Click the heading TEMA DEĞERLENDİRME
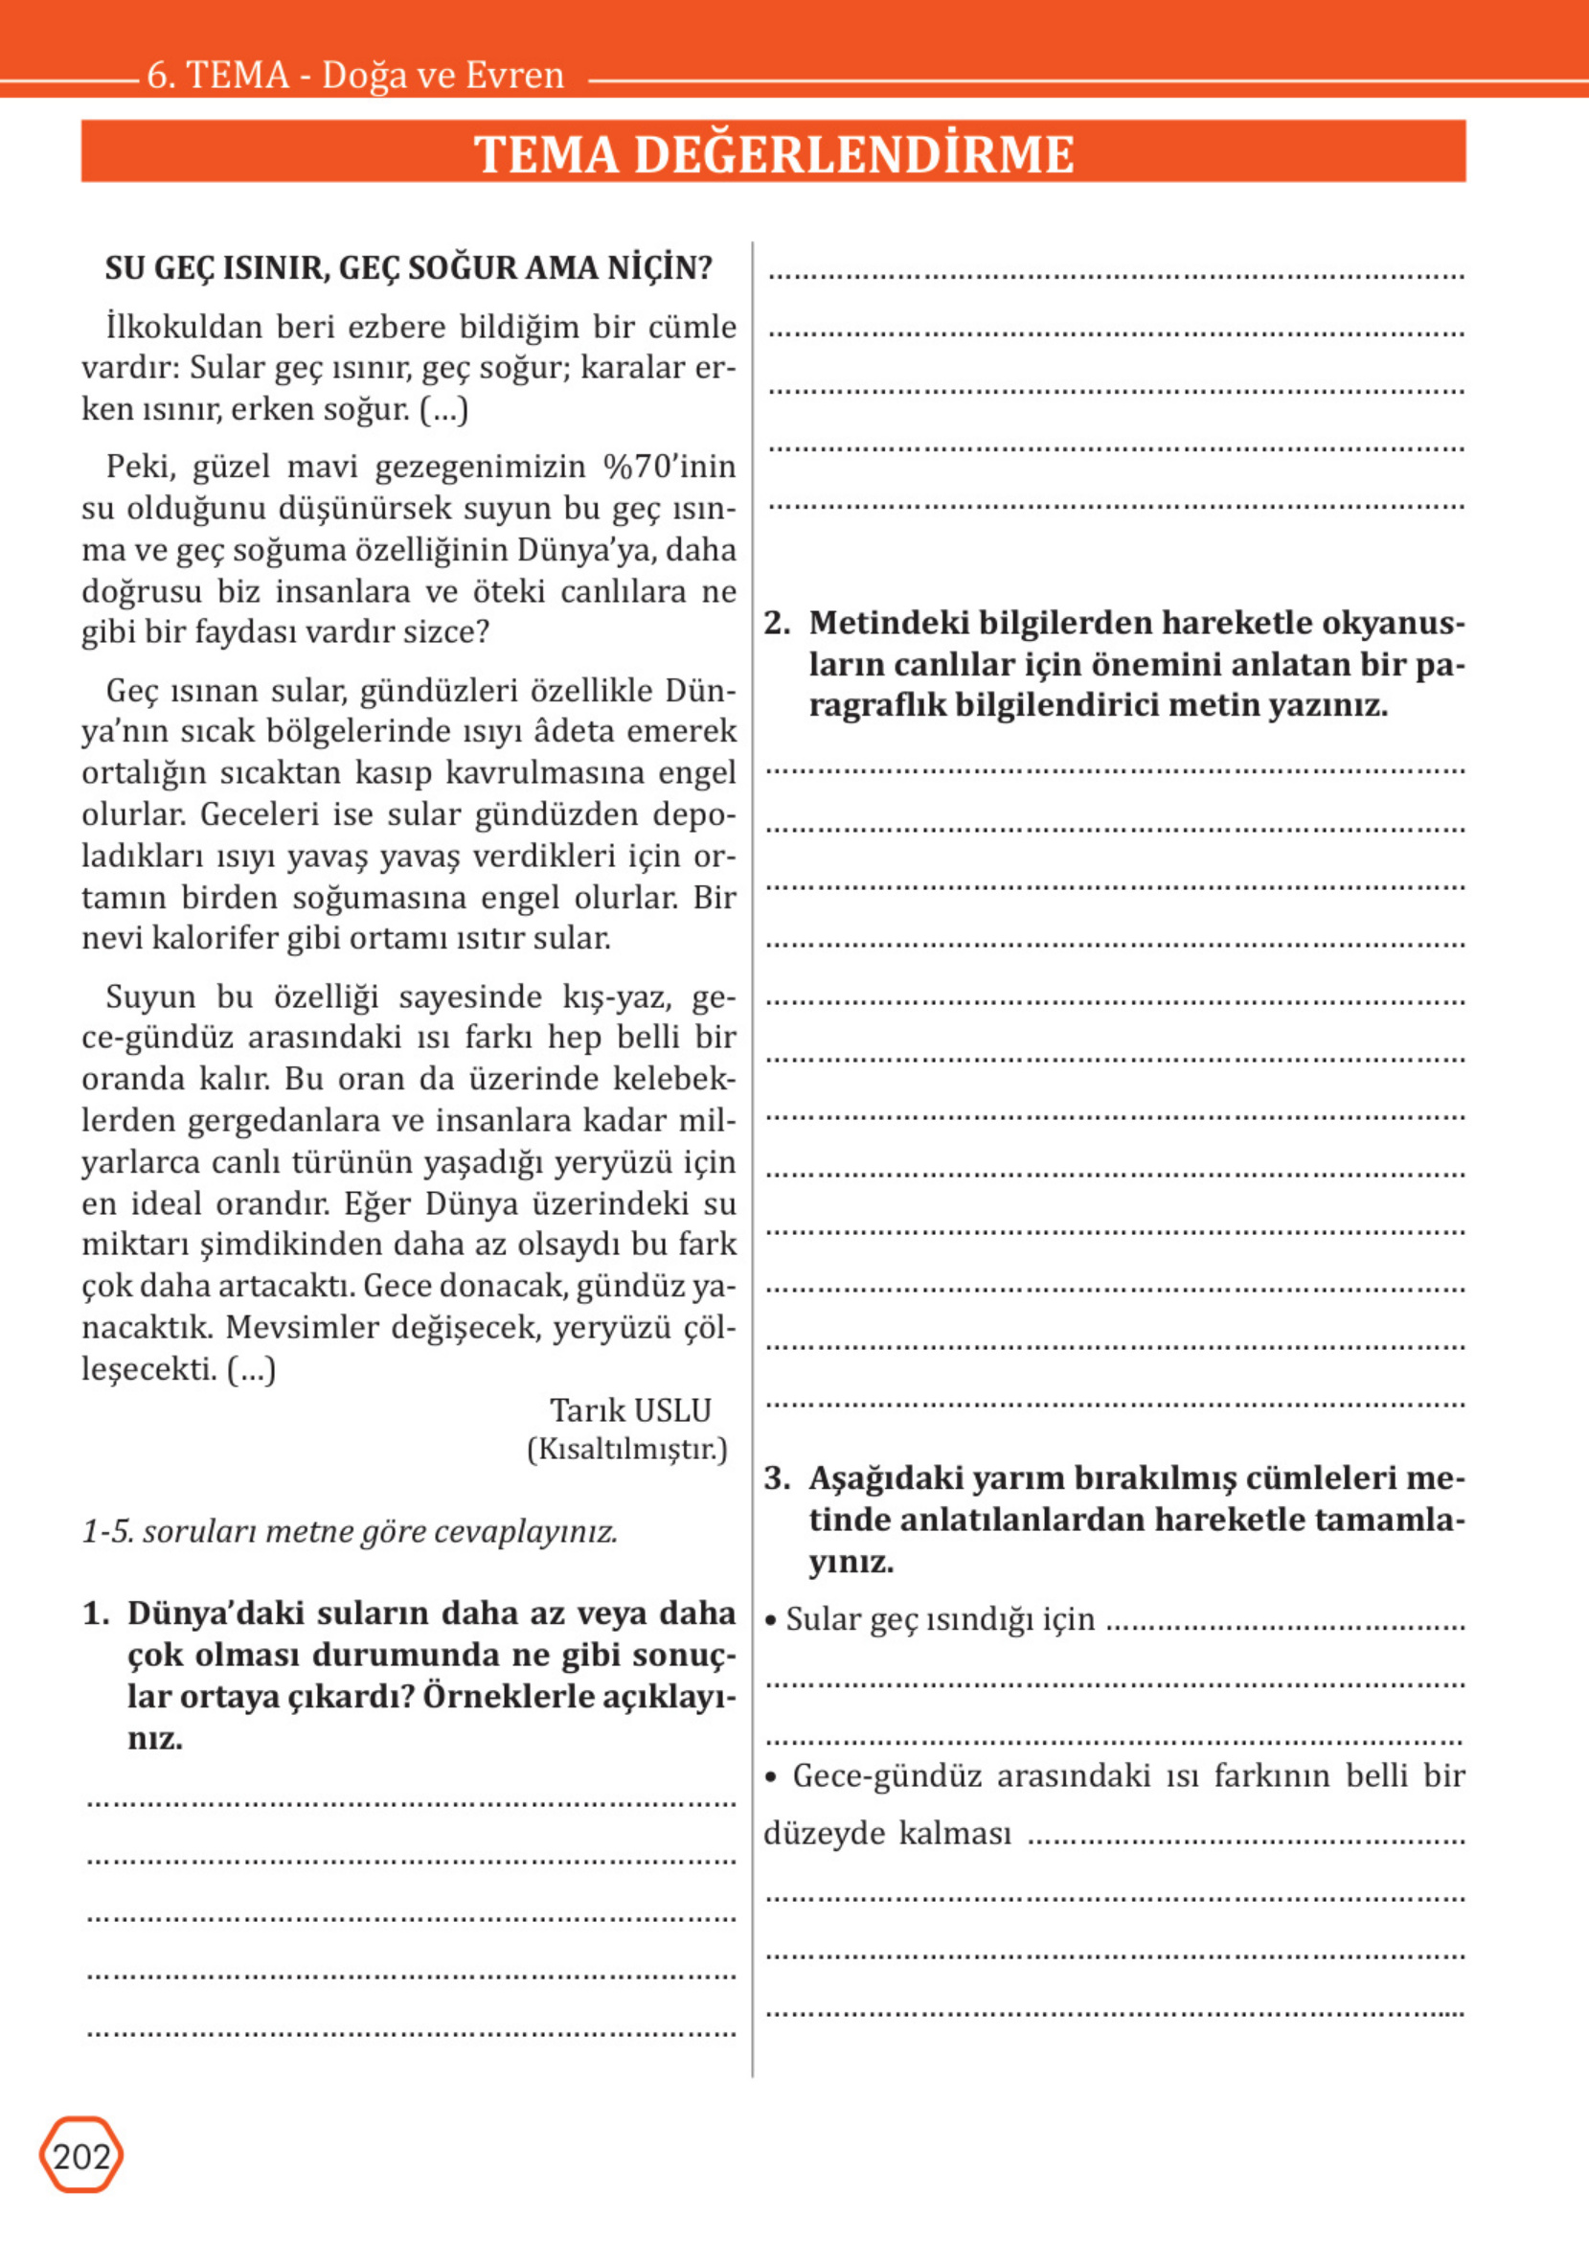tap(774, 153)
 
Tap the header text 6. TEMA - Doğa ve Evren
tap(355, 76)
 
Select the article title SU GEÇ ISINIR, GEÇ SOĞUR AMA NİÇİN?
tap(409, 268)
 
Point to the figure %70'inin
tap(670, 467)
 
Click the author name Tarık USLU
tap(630, 1410)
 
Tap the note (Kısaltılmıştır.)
tap(627, 1450)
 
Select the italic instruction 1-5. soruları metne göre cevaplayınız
tap(350, 1531)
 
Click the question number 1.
tap(95, 1613)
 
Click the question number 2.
tap(776, 624)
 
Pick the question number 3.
tap(776, 1478)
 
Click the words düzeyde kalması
tap(887, 1833)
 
